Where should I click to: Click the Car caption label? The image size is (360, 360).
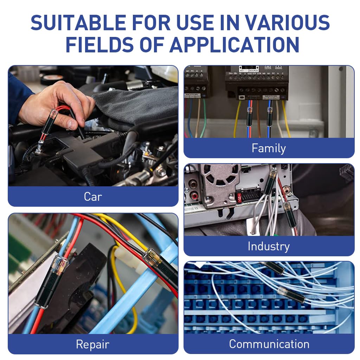tap(93, 197)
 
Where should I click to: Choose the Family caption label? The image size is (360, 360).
tap(269, 148)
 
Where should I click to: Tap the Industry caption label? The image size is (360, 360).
tap(269, 246)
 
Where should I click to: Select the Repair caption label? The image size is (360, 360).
tap(93, 344)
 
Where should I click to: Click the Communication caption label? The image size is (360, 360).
tap(269, 344)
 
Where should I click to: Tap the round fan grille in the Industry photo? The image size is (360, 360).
tap(219, 175)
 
